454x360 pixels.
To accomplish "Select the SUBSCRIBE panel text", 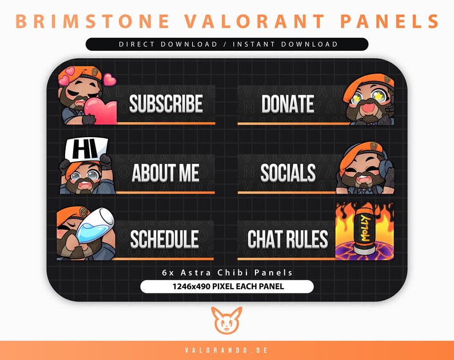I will point(166,104).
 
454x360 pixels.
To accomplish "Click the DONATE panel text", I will point(288,104).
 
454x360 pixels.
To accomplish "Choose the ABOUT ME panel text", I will point(166,172).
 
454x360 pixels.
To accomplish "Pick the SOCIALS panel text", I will point(288,172).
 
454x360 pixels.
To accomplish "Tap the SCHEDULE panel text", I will point(164,239).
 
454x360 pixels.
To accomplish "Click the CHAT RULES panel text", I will point(288,239).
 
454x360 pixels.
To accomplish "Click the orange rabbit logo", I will point(226,321).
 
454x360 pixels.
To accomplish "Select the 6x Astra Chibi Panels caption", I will point(227,273).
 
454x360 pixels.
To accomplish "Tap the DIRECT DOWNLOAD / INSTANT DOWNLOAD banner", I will point(227,44).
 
